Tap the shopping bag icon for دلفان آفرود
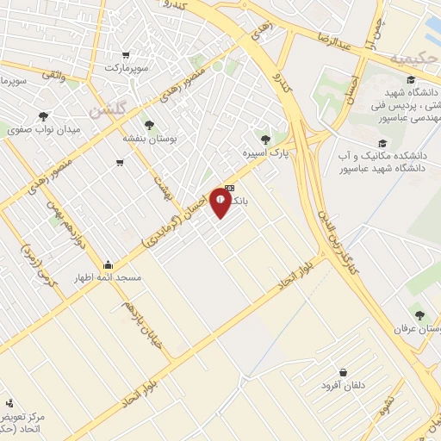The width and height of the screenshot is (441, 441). [x=344, y=372]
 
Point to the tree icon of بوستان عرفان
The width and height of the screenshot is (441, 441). [x=419, y=315]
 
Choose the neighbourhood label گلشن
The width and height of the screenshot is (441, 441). [x=109, y=110]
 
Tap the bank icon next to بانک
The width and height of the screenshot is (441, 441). [x=230, y=188]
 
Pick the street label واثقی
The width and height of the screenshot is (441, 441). [x=53, y=76]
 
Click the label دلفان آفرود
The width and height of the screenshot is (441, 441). [x=342, y=385]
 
